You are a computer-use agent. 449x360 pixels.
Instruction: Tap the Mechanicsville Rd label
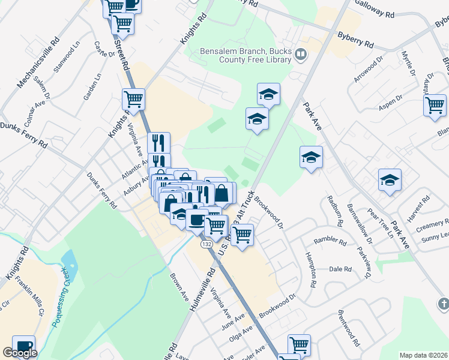coord(38,61)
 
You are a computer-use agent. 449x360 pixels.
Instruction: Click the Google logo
coord(20,353)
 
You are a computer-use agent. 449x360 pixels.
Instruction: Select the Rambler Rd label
coord(330,242)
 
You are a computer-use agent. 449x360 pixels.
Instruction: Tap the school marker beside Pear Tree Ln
coord(390,179)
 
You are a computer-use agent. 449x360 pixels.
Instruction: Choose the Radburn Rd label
coord(335,210)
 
